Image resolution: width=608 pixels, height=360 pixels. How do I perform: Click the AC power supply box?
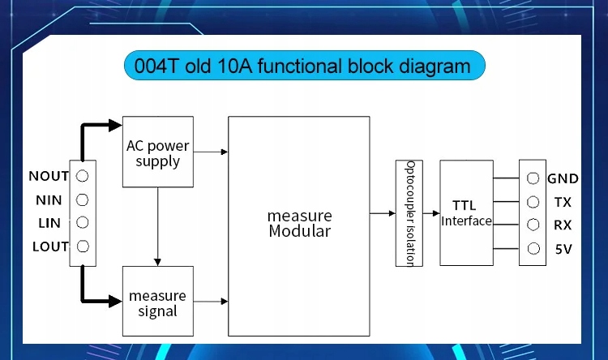(158, 152)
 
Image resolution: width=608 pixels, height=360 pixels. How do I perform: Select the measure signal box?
(158, 301)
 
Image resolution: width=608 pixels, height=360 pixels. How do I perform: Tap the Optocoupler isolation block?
(409, 213)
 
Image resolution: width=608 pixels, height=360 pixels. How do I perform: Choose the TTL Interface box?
(466, 213)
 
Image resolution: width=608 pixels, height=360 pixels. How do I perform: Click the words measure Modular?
(300, 224)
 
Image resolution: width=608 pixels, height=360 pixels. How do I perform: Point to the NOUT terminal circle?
(82, 176)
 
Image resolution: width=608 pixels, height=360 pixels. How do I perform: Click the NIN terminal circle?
(82, 199)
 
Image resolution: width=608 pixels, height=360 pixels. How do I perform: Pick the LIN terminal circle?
(82, 223)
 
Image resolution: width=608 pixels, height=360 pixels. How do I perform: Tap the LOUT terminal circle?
(83, 246)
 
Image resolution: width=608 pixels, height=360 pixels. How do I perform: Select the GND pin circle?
(533, 178)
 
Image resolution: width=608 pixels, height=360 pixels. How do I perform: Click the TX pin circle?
(533, 202)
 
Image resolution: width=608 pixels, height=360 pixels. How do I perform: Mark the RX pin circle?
(533, 225)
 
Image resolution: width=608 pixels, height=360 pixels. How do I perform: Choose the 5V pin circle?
(533, 249)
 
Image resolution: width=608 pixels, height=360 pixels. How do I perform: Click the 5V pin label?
(563, 249)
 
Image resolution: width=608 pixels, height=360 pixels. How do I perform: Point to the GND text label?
(563, 179)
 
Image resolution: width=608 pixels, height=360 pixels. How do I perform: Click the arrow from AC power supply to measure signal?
(157, 226)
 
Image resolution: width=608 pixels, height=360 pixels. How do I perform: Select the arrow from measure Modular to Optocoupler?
(383, 213)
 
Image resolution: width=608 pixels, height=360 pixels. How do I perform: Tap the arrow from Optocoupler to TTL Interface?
(431, 213)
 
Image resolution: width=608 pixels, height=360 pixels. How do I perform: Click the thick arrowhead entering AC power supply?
(115, 126)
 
